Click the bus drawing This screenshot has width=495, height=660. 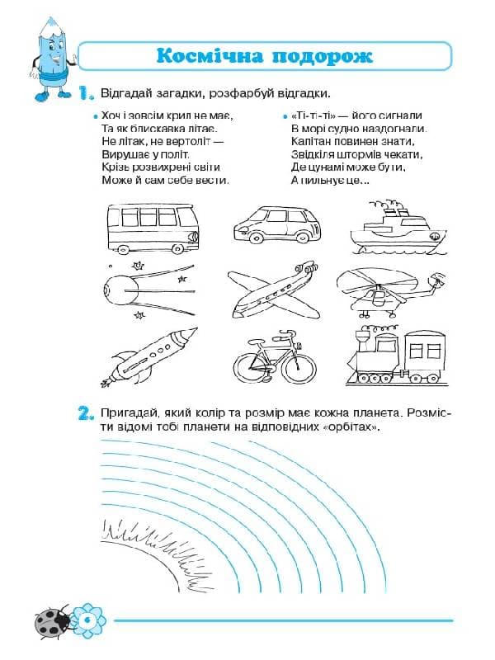click(153, 229)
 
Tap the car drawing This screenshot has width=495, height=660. click(277, 225)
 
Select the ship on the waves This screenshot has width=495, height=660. click(398, 228)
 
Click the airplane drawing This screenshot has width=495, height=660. click(273, 291)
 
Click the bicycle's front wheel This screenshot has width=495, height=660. click(299, 367)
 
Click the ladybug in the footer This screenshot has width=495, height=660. click(53, 622)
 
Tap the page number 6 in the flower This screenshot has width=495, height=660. click(88, 620)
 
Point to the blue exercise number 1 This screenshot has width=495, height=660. click(86, 93)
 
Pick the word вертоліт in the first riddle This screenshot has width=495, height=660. click(190, 141)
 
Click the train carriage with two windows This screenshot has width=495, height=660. click(425, 355)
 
